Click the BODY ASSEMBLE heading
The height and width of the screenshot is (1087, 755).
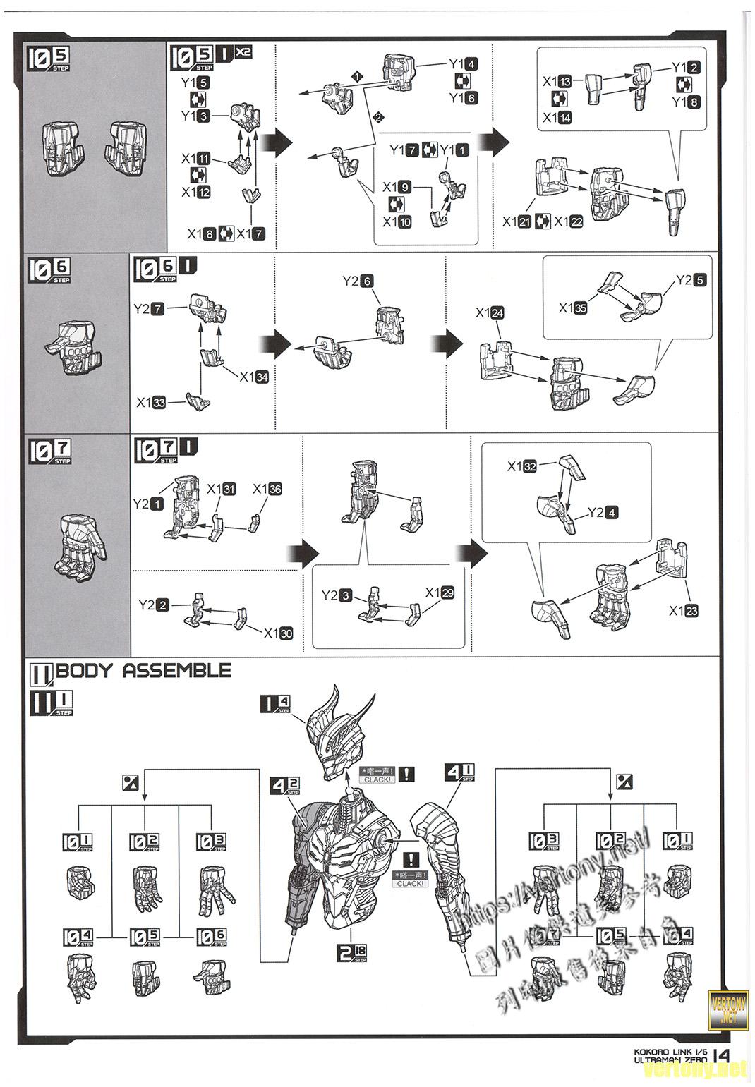[x=143, y=670]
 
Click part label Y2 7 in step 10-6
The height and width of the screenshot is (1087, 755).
[x=149, y=308]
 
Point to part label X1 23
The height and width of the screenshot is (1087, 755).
[x=684, y=611]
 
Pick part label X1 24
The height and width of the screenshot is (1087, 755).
[x=490, y=312]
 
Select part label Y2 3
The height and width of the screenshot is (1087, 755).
[x=337, y=595]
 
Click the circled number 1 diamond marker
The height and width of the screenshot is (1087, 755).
[x=357, y=75]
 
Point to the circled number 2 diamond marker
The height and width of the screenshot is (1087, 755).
[x=379, y=116]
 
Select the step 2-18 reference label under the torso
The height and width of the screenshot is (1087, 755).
[x=351, y=954]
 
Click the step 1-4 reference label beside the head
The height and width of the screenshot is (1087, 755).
[x=275, y=703]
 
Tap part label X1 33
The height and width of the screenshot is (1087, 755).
[x=151, y=403]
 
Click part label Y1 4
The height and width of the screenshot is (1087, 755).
[x=463, y=64]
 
